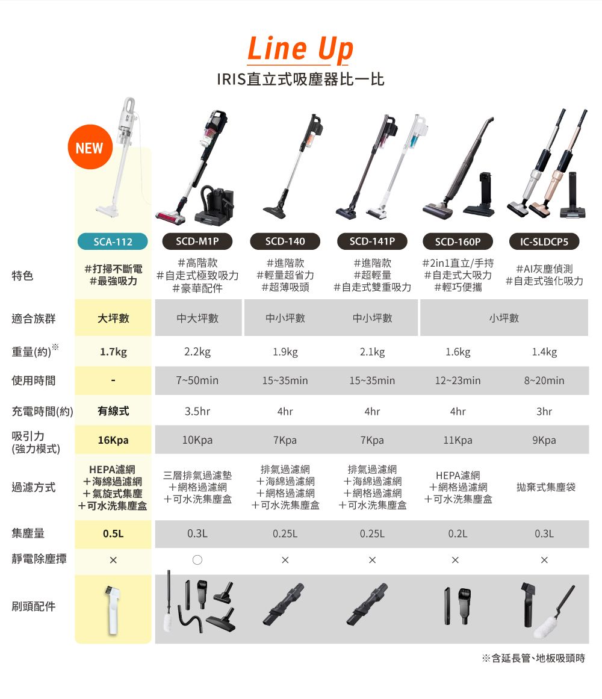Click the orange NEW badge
90,148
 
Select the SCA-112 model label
113,241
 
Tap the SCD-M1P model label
197,241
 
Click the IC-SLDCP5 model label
544,241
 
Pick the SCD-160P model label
458,241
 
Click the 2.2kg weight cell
197,352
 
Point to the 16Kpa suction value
113,440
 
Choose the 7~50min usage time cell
197,381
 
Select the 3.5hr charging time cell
197,412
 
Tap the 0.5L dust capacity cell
113,533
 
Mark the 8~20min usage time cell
544,381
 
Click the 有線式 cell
113,412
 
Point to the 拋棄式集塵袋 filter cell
546,487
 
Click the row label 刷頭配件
34,606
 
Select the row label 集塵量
28,533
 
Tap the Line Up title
300,49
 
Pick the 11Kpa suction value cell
458,440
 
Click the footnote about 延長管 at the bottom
533,659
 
